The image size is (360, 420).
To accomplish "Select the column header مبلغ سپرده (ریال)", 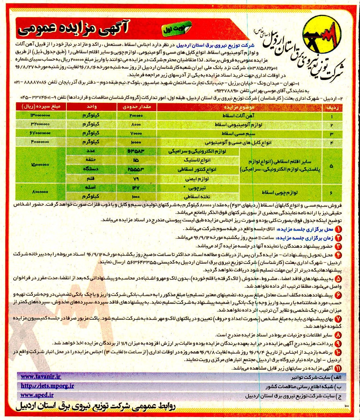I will coord(41,107).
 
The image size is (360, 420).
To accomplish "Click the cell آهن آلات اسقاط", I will coord(239,116).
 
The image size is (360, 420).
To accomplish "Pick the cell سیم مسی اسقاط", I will coord(239,133).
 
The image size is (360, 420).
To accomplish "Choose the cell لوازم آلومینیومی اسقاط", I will coord(239,124).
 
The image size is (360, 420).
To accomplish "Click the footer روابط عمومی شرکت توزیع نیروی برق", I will coord(96,408).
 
